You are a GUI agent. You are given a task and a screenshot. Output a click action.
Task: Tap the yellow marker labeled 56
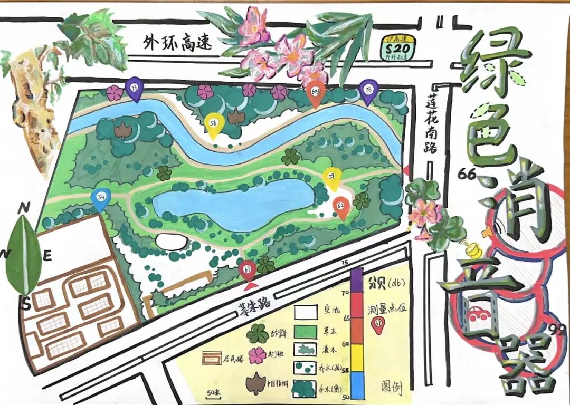click(214, 124)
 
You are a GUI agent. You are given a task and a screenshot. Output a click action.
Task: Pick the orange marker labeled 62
click(342, 206)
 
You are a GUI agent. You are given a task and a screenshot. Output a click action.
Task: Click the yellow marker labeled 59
click(331, 176)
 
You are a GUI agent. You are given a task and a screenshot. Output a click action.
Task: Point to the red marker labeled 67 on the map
click(247, 269)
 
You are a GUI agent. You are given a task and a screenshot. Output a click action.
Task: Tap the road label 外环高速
click(178, 44)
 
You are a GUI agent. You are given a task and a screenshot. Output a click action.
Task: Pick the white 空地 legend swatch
click(305, 315)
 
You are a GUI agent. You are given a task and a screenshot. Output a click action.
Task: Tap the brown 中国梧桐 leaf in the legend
click(257, 383)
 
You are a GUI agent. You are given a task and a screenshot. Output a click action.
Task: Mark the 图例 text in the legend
click(391, 388)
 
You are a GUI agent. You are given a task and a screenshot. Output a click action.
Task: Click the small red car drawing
click(478, 314)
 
